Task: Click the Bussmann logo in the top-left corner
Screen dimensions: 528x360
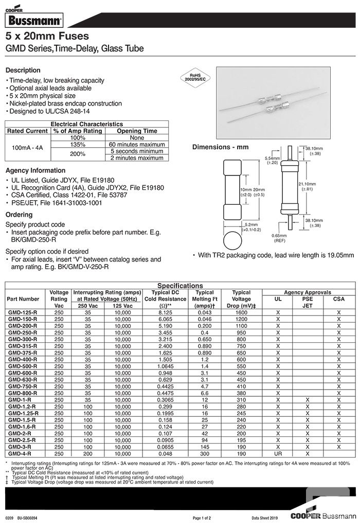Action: click(x=33, y=20)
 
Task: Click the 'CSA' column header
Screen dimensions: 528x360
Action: click(x=339, y=298)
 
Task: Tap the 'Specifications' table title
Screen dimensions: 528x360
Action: click(x=180, y=286)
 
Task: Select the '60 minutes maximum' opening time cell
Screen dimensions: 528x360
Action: click(x=137, y=145)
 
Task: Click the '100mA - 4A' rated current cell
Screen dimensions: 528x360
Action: click(x=27, y=148)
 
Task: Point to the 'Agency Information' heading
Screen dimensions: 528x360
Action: click(x=35, y=170)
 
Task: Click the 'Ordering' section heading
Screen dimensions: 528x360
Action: click(x=19, y=215)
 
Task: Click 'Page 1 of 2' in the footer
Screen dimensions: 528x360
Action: click(x=202, y=518)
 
